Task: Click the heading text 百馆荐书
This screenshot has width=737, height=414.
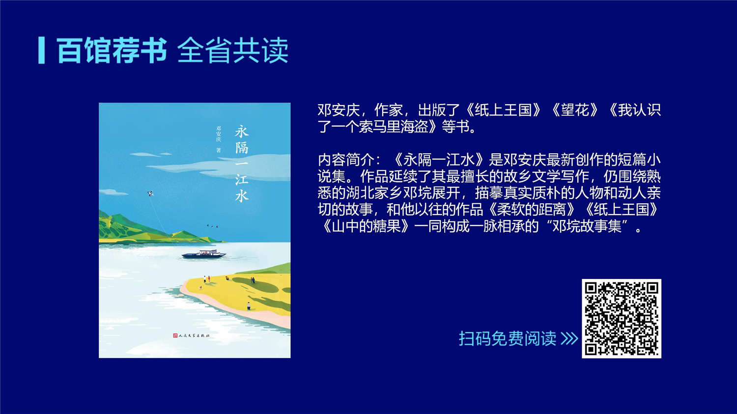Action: coord(112,50)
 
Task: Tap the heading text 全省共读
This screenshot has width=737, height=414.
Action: coord(233,50)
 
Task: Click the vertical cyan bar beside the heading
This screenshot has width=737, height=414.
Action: coord(41,50)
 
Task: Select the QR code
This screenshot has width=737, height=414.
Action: coord(622,318)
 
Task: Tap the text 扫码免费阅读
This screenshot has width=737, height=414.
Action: coord(508,338)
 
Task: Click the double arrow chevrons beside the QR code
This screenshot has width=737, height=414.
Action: coord(569,338)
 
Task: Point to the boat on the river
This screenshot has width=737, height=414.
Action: coord(204,254)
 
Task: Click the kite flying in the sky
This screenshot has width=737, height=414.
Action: coord(151,193)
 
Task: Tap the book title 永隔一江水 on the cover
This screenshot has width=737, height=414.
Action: coord(242,164)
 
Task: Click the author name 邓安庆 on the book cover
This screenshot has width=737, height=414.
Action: coord(219,134)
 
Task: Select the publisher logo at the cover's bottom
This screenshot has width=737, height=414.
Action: coord(191,335)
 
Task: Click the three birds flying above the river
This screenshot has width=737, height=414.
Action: coord(212,226)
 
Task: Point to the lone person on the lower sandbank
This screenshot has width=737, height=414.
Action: coord(249,306)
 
